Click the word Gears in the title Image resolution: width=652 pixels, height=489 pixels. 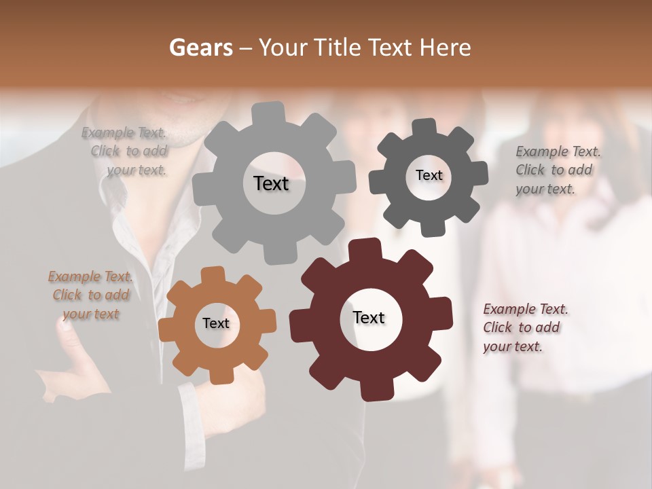(x=200, y=48)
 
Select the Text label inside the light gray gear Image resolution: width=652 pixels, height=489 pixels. (x=271, y=183)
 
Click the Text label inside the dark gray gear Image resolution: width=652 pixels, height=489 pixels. (x=429, y=175)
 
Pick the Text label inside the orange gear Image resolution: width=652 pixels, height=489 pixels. (x=216, y=323)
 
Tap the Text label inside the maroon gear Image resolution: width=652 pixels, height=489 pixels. (x=369, y=317)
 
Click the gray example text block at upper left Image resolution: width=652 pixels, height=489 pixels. (x=126, y=151)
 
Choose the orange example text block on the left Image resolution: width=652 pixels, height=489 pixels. (x=90, y=295)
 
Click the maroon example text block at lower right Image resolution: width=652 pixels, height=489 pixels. (x=524, y=327)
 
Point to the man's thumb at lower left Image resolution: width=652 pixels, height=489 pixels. (x=65, y=327)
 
